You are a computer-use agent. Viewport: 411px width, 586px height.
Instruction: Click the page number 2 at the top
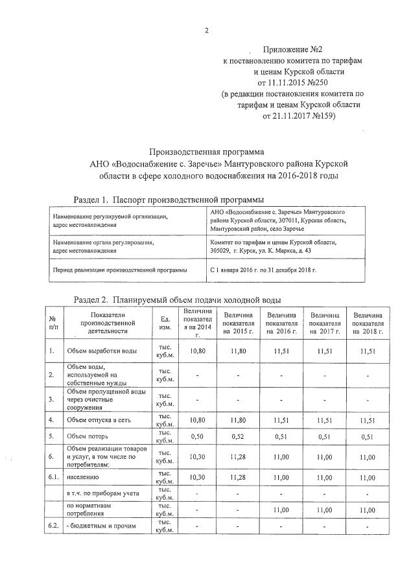tap(206, 30)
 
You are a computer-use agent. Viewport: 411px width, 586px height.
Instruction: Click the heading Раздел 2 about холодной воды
tap(177, 300)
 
